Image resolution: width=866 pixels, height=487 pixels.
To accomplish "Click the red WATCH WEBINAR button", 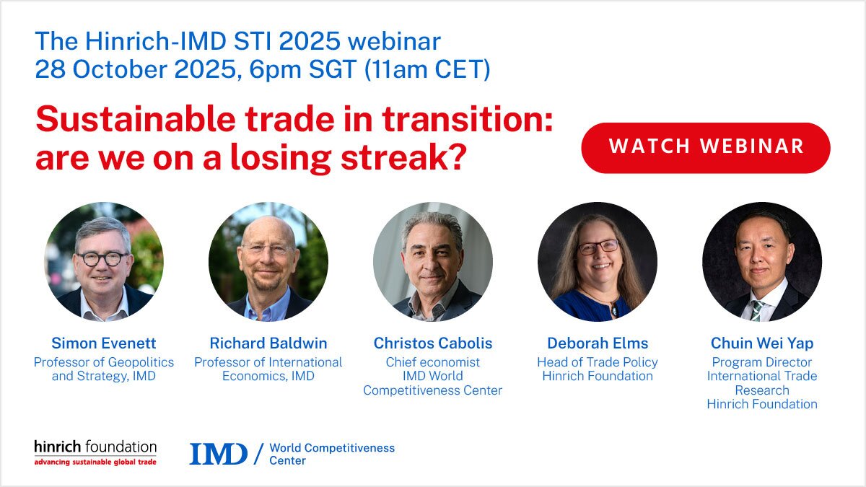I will tap(705, 147).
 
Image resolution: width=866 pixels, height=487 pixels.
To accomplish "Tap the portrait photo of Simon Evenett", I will tap(104, 261).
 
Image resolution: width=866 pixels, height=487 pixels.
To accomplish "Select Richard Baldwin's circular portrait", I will tap(268, 261).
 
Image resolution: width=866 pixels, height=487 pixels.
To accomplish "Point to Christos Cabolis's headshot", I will tap(433, 261).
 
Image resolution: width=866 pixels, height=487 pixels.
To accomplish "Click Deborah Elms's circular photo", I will tap(598, 261).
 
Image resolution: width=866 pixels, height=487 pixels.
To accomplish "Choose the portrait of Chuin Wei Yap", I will tap(762, 261).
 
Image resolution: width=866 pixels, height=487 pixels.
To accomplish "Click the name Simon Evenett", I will tap(104, 343).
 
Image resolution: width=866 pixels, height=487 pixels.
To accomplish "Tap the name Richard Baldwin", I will tap(268, 343).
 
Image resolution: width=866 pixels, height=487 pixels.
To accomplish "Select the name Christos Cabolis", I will tap(433, 343).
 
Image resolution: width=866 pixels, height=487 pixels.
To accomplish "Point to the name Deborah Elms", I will tap(598, 343).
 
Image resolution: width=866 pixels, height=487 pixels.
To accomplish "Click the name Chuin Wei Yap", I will tap(762, 343).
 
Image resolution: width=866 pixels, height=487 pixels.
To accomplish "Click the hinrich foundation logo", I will tap(95, 452).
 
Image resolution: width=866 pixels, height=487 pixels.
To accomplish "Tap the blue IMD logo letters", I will tap(218, 454).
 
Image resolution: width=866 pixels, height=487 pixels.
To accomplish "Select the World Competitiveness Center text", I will tap(332, 454).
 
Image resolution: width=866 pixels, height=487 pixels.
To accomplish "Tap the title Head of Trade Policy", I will tap(598, 362).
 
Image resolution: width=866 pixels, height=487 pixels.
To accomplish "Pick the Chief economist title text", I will tap(433, 362).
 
